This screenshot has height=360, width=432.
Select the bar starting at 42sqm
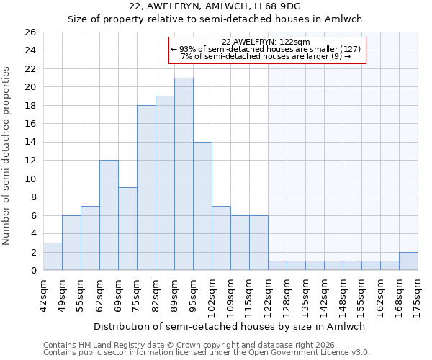(53, 256)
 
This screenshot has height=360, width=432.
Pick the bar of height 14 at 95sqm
(202, 206)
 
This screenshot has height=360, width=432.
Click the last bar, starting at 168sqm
(408, 261)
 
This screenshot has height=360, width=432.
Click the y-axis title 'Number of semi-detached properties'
(7, 156)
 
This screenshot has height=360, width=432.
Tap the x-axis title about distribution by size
(229, 326)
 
